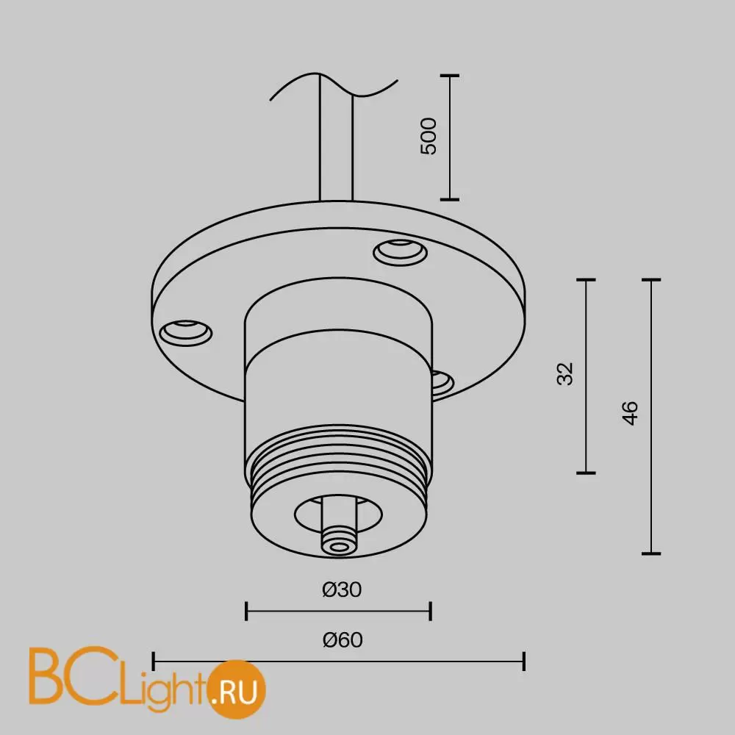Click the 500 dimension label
tap(429, 136)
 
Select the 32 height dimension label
tap(565, 373)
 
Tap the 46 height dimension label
tap(631, 413)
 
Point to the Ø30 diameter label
tap(343, 589)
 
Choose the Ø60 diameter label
tap(343, 640)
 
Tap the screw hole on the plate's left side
tap(186, 332)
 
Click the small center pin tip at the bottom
tap(338, 545)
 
